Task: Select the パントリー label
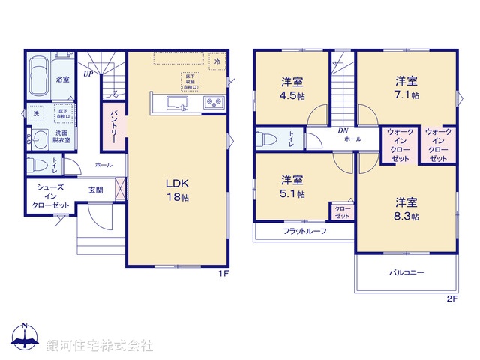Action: click(x=114, y=127)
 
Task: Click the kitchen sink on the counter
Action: click(x=177, y=103)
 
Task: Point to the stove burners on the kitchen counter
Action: click(x=211, y=103)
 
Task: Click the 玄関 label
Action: click(x=95, y=190)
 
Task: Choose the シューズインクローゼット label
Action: click(x=50, y=197)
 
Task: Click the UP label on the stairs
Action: click(x=88, y=73)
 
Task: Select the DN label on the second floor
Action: click(x=343, y=131)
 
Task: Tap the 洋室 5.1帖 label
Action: click(x=292, y=186)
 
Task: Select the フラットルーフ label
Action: click(x=304, y=231)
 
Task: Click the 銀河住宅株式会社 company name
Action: click(x=100, y=346)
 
